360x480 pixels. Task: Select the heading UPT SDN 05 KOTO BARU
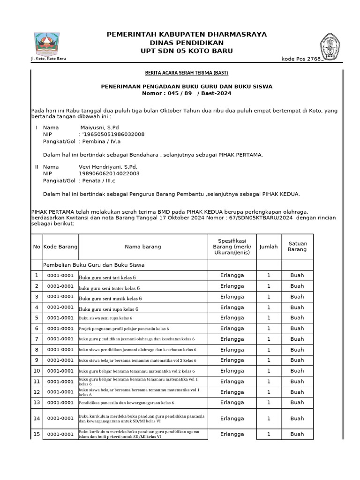coord(187,51)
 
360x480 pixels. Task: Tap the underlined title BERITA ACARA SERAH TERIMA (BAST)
coord(186,73)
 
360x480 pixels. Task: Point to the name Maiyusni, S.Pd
coord(99,127)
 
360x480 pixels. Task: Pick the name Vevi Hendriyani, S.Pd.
coord(108,166)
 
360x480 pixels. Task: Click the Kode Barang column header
coord(60,247)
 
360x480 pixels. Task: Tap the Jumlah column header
coord(269,247)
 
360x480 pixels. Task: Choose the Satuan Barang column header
coord(297,247)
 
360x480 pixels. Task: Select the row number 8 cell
coord(37,350)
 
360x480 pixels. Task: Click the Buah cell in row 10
coord(297,371)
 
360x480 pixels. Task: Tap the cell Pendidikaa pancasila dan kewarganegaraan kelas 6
coord(127,403)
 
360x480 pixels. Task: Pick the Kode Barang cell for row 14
coord(60,418)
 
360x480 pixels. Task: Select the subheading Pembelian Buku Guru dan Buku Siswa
coord(94,265)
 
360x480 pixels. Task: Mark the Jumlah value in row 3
coord(269,297)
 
